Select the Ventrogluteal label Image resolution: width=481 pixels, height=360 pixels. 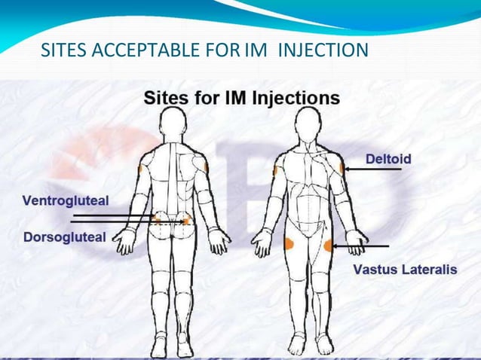[x=65, y=200]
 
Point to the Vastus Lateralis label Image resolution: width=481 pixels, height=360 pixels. [x=406, y=269]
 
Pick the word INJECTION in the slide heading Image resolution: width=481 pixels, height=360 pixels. [x=323, y=51]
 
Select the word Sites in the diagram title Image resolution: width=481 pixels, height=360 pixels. [x=166, y=98]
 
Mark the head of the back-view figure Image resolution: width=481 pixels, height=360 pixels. [x=173, y=121]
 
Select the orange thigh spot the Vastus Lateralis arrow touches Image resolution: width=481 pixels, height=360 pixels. [x=329, y=245]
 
